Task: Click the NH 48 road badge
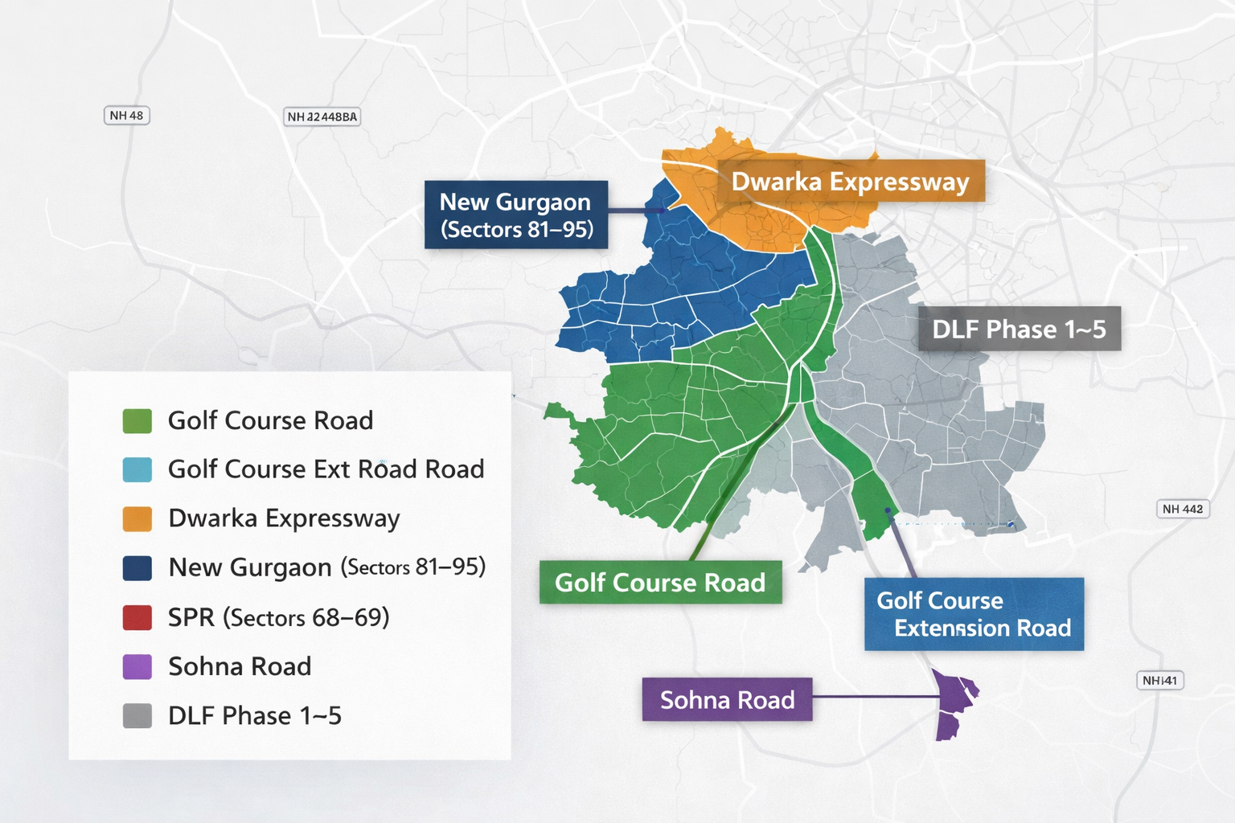point(126,116)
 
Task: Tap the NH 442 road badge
point(1182,509)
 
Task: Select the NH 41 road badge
point(1159,681)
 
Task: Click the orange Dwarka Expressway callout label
point(850,182)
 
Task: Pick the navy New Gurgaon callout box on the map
point(516,215)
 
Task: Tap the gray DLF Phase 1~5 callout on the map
point(1019,329)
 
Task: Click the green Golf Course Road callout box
point(660,583)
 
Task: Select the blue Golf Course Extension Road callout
point(974,614)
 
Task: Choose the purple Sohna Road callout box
point(727,700)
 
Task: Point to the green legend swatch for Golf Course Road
point(137,420)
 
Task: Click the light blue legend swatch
point(137,469)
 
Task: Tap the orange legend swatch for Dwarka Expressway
point(137,519)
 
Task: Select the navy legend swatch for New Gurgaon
point(137,568)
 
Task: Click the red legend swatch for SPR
point(137,617)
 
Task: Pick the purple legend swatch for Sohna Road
point(137,666)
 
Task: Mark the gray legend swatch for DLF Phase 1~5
point(137,715)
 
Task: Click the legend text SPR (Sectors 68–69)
point(278,617)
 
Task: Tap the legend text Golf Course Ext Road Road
point(326,469)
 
